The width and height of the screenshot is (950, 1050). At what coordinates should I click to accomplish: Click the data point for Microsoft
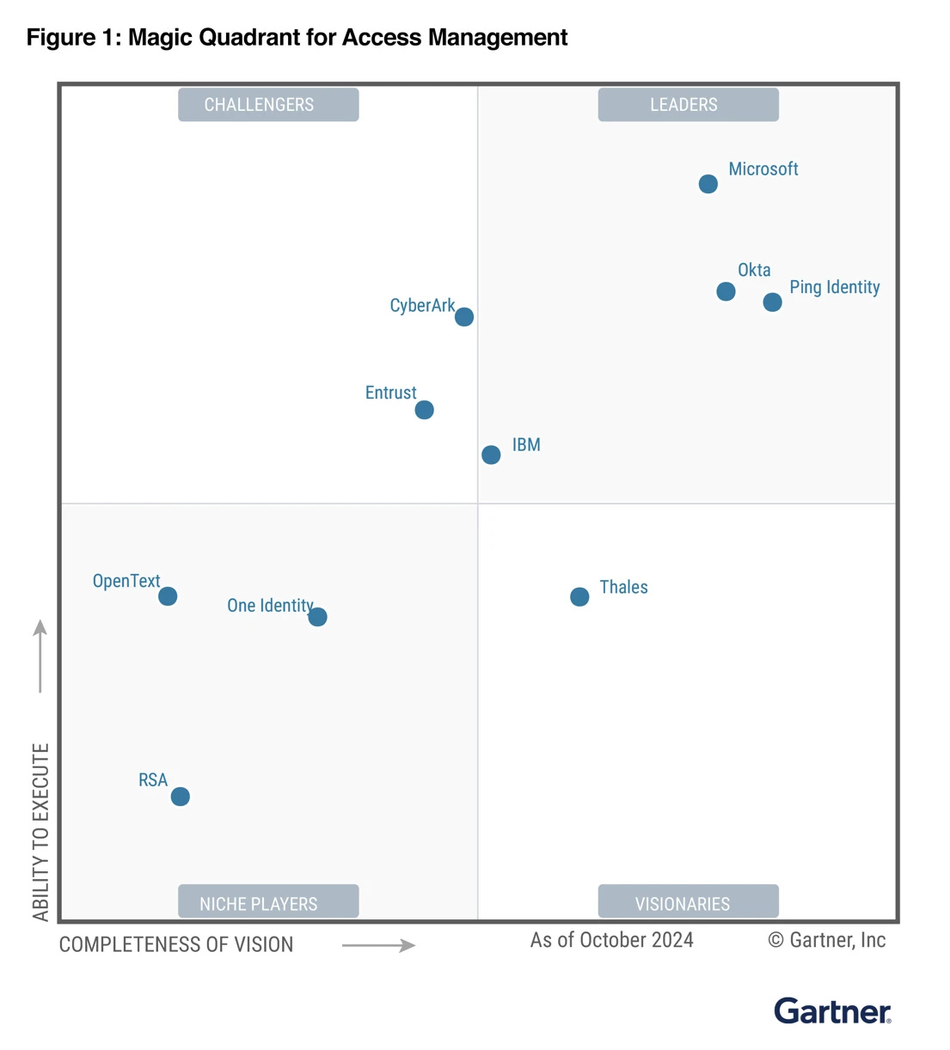(x=708, y=184)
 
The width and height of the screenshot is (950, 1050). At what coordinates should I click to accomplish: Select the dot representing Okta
(x=726, y=291)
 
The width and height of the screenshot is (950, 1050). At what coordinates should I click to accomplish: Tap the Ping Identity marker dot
(x=772, y=302)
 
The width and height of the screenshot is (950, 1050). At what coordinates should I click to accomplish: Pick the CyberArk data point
(x=463, y=317)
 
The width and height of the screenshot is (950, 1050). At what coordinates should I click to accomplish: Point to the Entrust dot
(x=424, y=410)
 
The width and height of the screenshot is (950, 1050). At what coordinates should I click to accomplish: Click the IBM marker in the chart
(x=491, y=455)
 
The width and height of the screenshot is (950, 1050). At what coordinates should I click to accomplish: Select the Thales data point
(x=579, y=596)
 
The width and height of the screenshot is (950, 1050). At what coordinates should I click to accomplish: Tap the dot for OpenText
(x=168, y=596)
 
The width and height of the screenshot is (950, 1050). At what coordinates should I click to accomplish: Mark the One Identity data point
(x=317, y=617)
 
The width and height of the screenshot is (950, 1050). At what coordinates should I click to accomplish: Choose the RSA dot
(x=180, y=797)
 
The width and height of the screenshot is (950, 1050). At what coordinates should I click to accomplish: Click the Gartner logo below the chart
(x=831, y=1011)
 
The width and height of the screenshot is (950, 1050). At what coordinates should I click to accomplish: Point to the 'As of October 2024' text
(x=611, y=940)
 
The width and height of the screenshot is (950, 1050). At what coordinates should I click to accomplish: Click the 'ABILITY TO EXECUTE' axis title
(x=40, y=832)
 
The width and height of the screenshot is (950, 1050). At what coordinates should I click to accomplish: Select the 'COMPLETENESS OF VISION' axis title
(x=176, y=944)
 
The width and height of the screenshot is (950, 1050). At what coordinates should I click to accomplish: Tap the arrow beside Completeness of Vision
(x=378, y=945)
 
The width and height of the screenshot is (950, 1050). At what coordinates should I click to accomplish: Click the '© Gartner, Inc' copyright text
(x=826, y=940)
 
